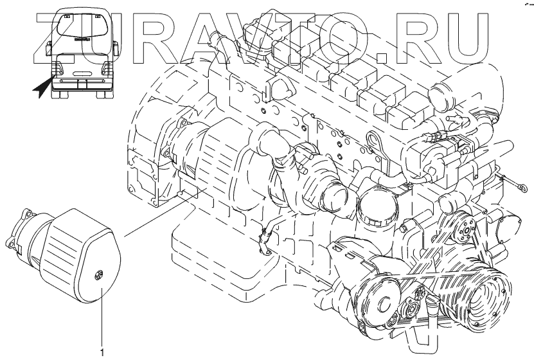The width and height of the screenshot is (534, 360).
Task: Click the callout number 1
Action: coord(102,352)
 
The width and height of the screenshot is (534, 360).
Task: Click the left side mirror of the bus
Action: coord(49,48)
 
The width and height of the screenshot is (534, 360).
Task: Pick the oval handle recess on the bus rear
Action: coord(82,73)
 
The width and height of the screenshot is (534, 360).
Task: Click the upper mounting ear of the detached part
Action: coord(26,214)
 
